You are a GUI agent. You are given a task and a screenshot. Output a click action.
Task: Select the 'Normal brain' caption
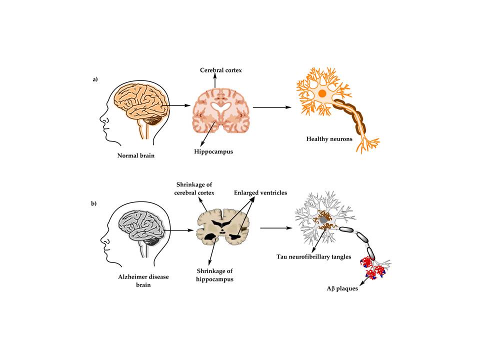tap(135, 155)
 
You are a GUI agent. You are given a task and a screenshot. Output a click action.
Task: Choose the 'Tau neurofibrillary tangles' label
tap(313, 256)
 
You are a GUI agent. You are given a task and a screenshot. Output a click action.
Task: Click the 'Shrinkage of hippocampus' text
tap(204, 276)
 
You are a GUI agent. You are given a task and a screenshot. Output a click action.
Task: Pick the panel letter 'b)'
tap(94, 203)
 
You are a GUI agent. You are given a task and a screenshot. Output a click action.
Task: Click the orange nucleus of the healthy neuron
tap(322, 93)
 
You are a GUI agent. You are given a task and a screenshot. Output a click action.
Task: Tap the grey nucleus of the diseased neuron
tap(324, 219)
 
